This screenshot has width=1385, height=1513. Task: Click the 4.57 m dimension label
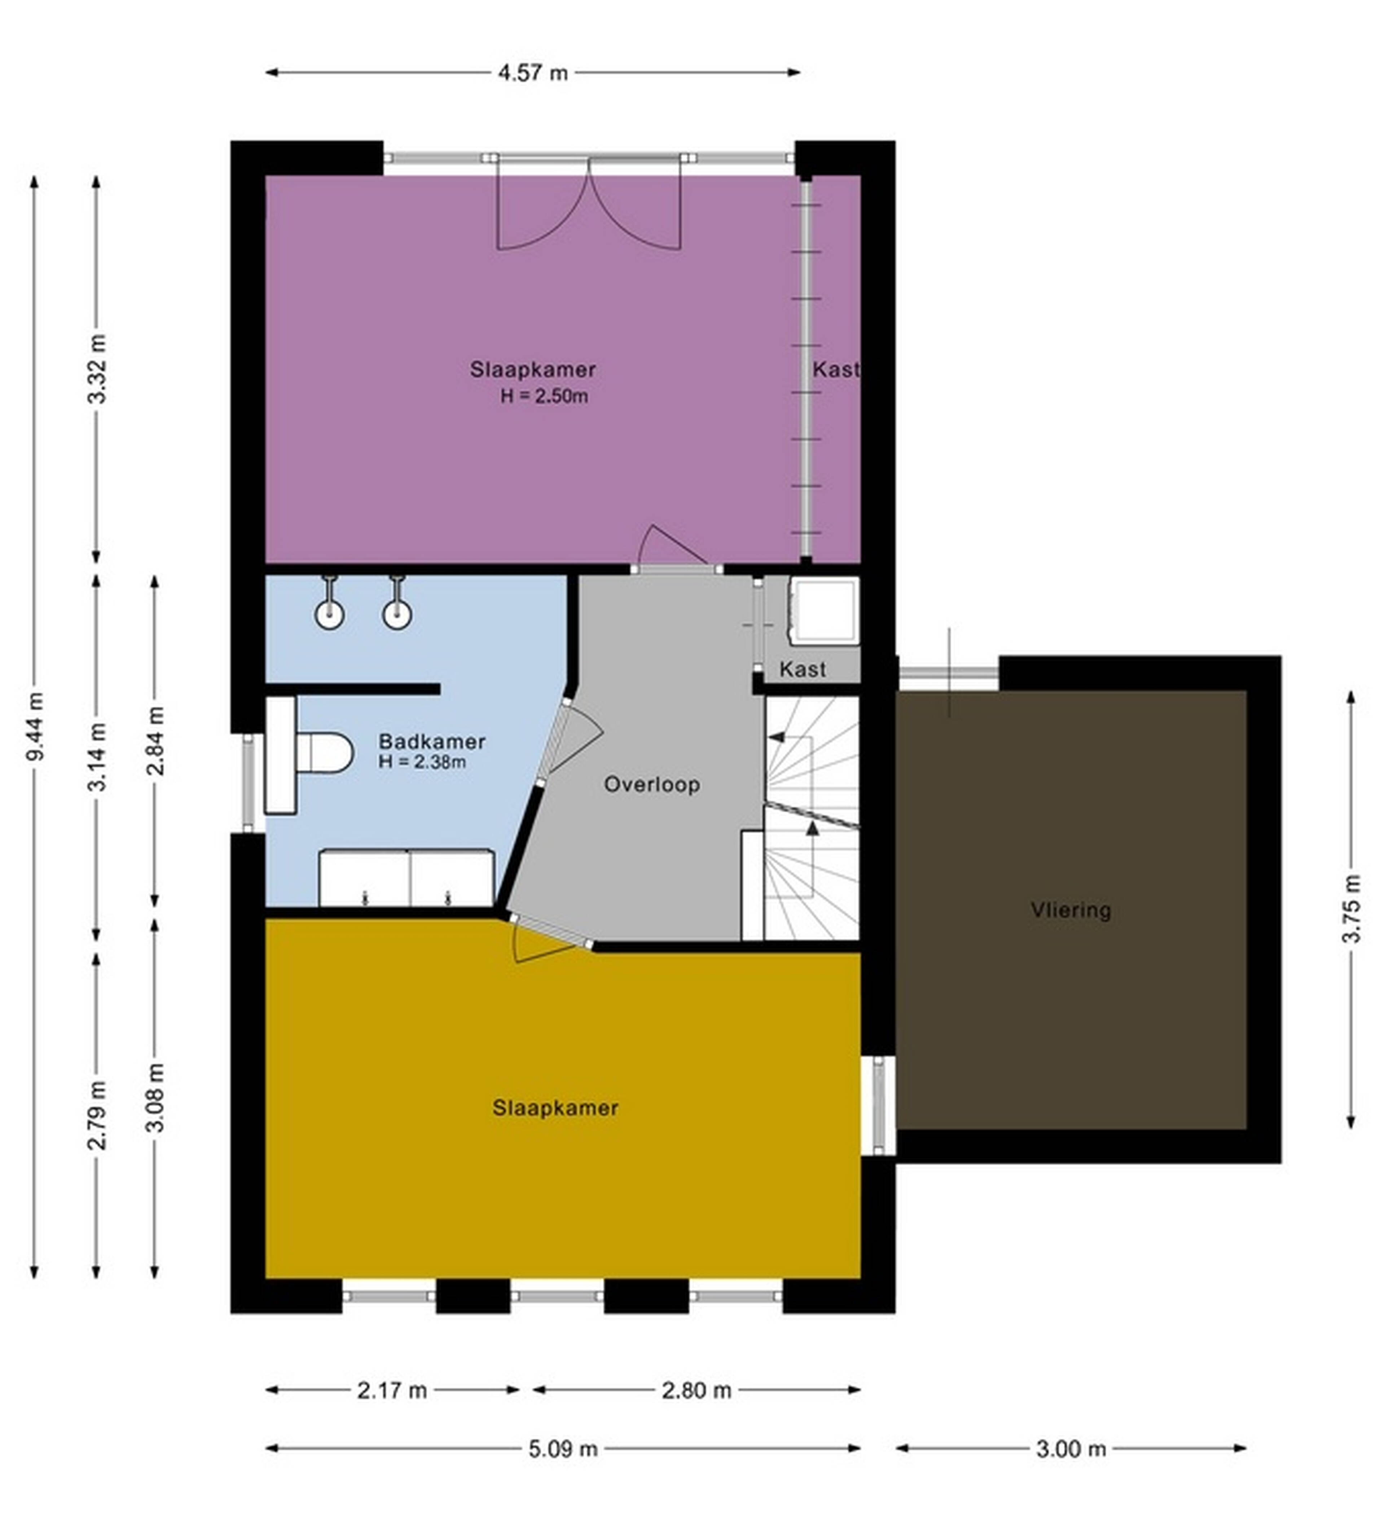[533, 73]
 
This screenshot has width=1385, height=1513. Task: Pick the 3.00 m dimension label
[1071, 1449]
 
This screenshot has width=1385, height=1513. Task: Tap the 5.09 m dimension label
[563, 1449]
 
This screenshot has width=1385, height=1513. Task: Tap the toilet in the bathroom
[324, 752]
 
